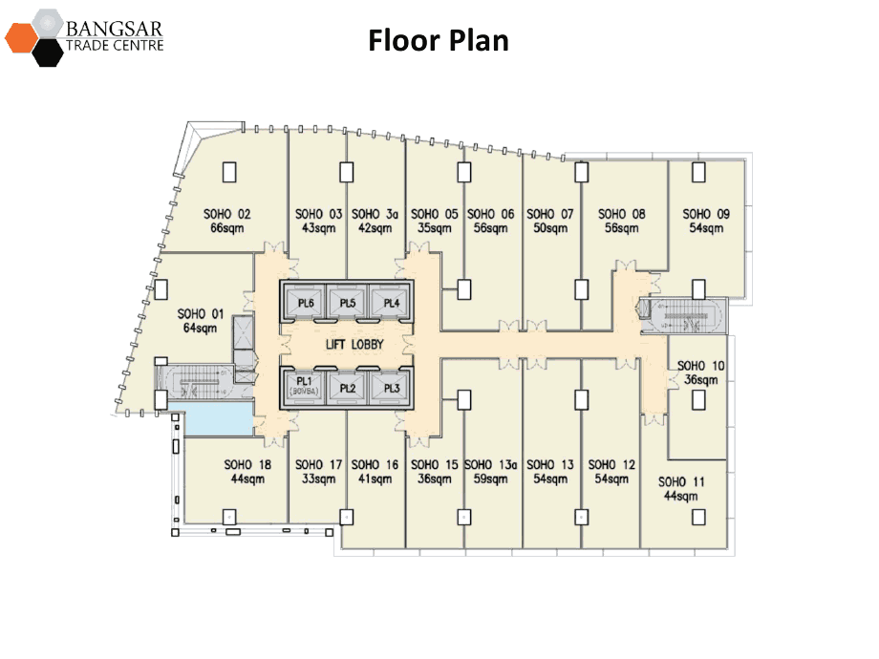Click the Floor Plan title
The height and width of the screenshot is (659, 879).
439,41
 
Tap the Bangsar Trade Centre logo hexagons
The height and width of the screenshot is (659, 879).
36,37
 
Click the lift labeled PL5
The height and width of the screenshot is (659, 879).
348,304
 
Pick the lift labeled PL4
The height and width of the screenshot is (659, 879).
390,304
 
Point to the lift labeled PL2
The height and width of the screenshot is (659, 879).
348,388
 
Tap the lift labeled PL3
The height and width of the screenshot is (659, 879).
390,388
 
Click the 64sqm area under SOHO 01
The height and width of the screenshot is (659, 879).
201,328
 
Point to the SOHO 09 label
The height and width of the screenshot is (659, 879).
706,214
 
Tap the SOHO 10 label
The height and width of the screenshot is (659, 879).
700,366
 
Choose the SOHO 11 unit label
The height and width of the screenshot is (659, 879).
682,482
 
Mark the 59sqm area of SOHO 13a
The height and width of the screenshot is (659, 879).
491,479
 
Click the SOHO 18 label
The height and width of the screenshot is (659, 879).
247,465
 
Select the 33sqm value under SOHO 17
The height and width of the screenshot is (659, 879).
321,479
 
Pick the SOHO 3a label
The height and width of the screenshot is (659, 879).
374,214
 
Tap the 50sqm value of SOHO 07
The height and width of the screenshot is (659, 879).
550,228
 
